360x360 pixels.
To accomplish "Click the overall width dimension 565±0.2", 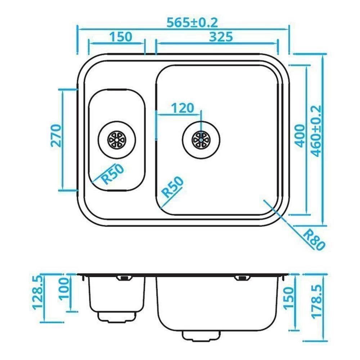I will (x=192, y=22).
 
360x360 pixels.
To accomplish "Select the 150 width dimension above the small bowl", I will (x=121, y=37).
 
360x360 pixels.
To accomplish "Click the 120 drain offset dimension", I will (x=182, y=108).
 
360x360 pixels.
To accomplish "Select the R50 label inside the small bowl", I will (x=113, y=173).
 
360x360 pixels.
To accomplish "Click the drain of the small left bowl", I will (x=116, y=138).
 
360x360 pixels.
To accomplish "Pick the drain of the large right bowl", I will (x=200, y=139).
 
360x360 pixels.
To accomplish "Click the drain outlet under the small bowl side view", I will (x=118, y=316).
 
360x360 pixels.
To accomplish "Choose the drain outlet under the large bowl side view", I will (x=201, y=336).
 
